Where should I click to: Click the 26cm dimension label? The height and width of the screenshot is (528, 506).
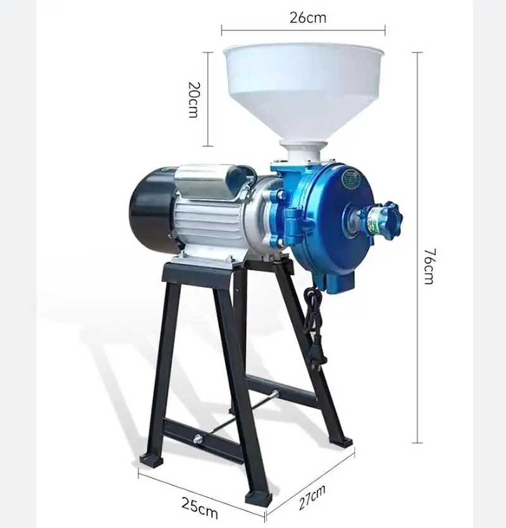point(308,18)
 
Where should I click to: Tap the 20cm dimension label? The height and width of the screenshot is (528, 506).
point(194,99)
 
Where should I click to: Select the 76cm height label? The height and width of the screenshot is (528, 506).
point(429,266)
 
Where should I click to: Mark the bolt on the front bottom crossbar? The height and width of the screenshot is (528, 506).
point(199,438)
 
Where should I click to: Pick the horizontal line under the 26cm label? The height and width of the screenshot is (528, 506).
point(303,28)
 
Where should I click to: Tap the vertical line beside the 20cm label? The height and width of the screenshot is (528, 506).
point(209,99)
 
